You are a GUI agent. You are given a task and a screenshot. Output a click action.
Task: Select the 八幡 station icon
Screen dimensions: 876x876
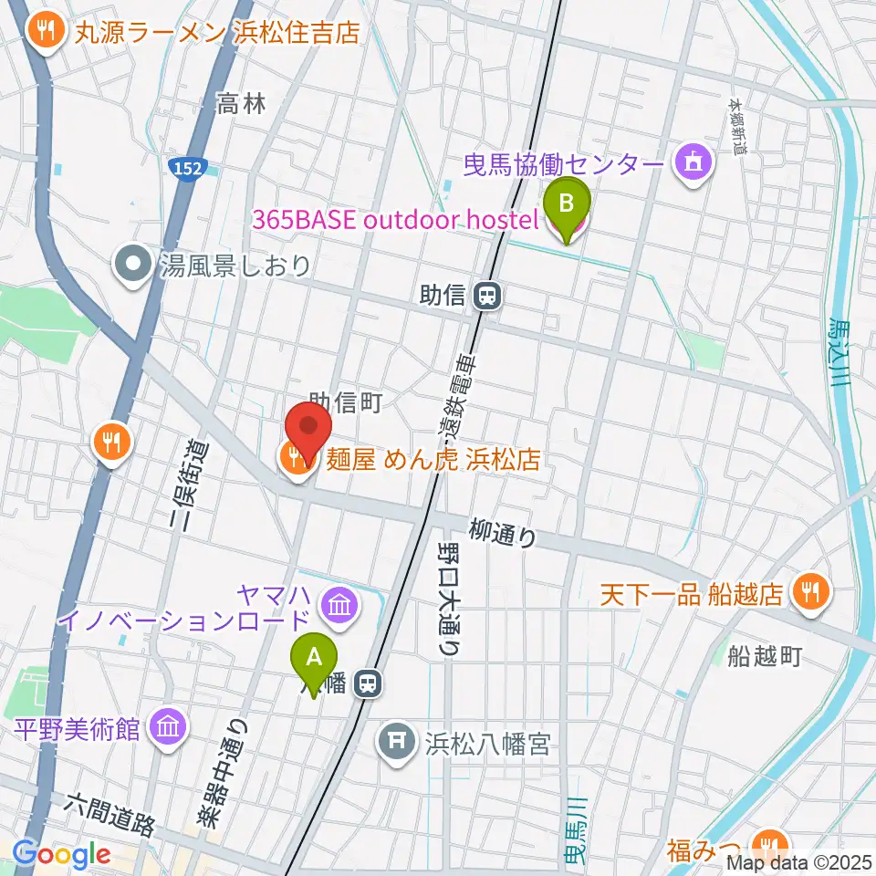click(x=369, y=683)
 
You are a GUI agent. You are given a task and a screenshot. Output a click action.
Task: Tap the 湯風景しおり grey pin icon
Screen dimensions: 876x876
click(x=134, y=266)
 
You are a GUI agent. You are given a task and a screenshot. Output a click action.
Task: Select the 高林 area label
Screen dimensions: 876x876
click(x=241, y=105)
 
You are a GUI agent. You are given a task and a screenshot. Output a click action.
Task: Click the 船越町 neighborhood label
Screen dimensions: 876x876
click(x=764, y=656)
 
